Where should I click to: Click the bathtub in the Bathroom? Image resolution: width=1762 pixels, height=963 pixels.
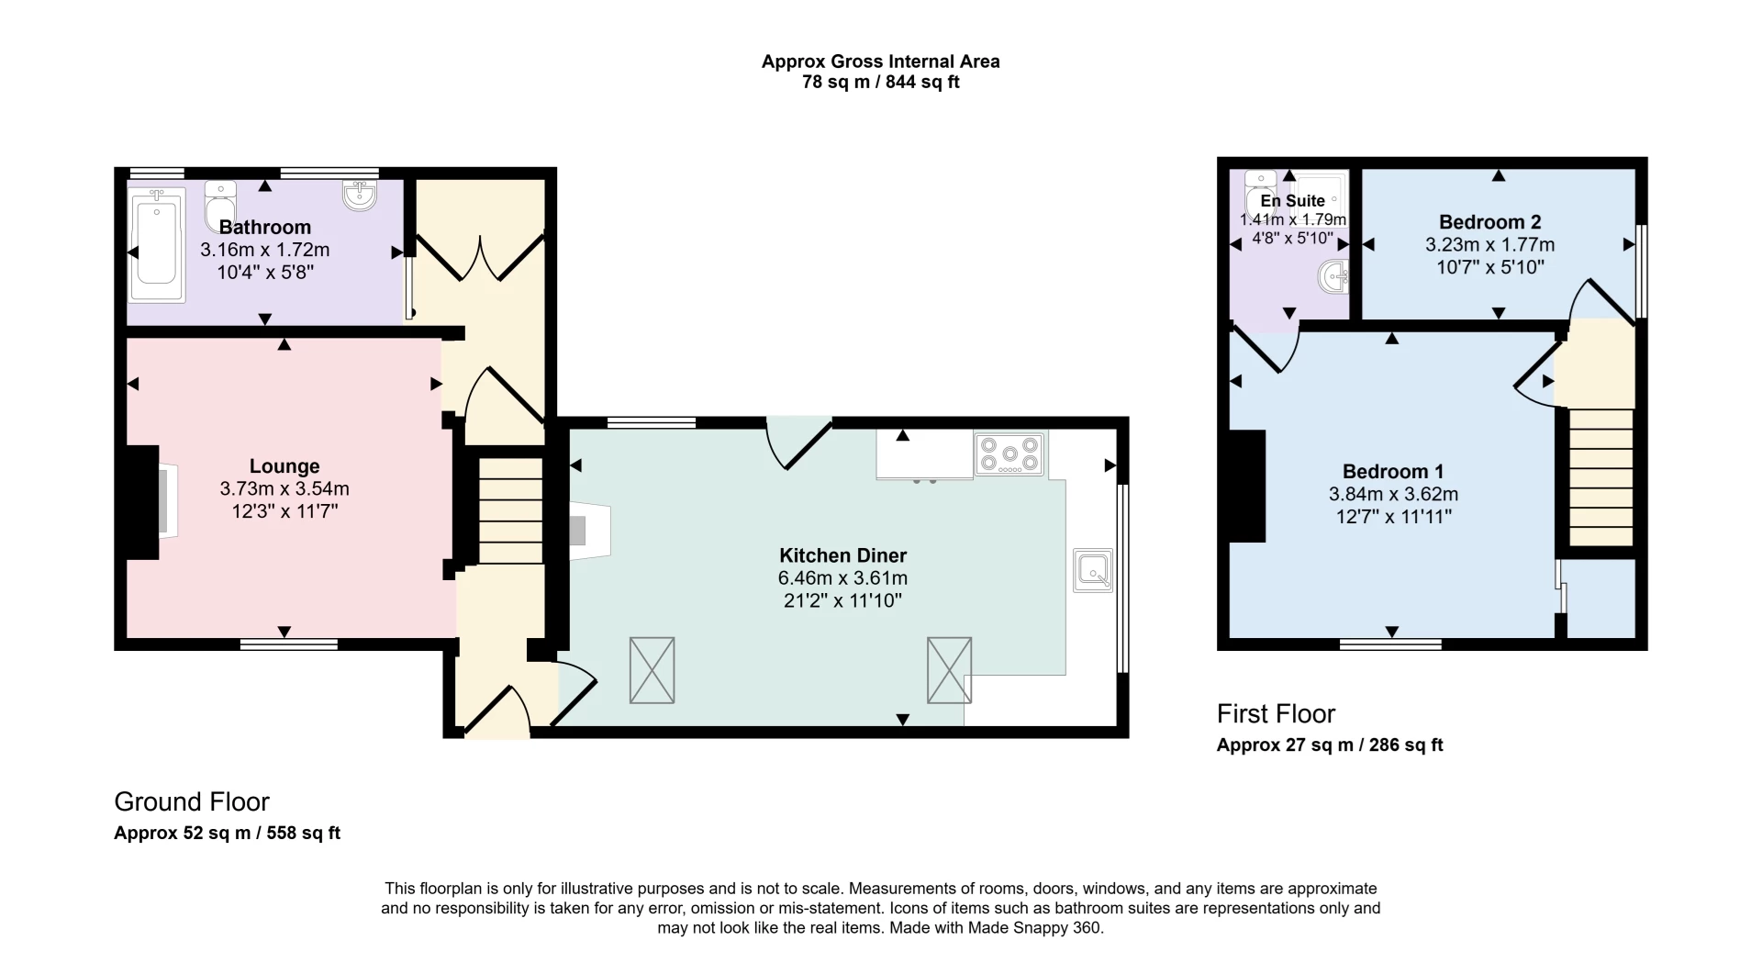(x=158, y=245)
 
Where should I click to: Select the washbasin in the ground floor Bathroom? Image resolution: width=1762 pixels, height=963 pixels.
(x=359, y=195)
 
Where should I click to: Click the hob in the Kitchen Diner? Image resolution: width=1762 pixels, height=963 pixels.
(x=1009, y=454)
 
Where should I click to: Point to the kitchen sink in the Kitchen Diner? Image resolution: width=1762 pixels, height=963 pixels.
(x=1092, y=570)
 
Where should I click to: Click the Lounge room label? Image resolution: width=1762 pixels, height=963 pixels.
(x=284, y=466)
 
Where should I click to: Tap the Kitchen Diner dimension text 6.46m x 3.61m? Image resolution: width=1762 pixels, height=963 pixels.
(x=842, y=578)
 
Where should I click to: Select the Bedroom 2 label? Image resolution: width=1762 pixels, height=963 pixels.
(x=1489, y=222)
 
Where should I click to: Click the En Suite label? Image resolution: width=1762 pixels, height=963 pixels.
(x=1292, y=201)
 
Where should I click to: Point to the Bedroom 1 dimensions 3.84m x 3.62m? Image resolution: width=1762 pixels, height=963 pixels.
(x=1393, y=494)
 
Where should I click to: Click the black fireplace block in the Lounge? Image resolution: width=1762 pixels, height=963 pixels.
(x=141, y=502)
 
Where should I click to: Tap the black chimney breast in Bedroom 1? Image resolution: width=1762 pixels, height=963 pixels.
(x=1247, y=487)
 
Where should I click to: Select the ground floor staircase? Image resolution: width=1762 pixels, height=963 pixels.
(x=511, y=511)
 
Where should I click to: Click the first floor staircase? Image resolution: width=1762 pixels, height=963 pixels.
(x=1601, y=477)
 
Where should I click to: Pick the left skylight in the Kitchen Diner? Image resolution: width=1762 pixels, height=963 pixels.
(x=652, y=670)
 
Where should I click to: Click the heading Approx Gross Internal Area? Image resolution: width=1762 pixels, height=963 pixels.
(x=880, y=62)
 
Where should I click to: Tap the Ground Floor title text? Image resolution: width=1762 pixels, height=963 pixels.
(x=192, y=801)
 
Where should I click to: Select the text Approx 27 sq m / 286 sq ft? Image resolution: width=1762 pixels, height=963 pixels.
(x=1329, y=745)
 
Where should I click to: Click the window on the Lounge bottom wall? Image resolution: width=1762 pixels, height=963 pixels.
(x=288, y=644)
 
